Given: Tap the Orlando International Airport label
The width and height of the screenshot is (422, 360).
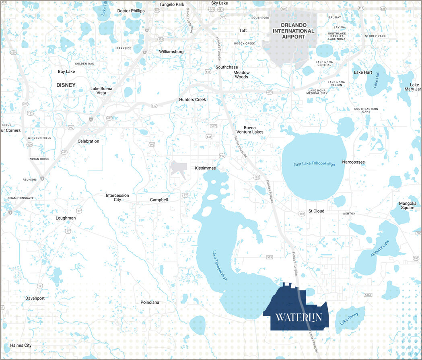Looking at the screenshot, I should tap(293, 31).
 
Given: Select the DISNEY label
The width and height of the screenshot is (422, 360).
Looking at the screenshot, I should tap(66, 85).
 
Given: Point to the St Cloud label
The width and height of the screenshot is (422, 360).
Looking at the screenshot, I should tap(316, 211).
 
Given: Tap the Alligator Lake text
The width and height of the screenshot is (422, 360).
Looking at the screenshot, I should tap(380, 248).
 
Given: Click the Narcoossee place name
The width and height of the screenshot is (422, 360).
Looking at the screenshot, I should tap(353, 162).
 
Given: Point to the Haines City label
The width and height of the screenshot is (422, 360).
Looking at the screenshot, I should tap(21, 346).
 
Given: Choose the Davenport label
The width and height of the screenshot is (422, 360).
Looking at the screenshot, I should tap(35, 298).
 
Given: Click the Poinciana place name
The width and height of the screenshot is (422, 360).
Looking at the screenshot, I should tap(150, 302).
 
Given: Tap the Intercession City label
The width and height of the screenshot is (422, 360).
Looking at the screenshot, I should tap(117, 197).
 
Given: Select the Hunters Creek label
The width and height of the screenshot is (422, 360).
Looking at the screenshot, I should tap(192, 100).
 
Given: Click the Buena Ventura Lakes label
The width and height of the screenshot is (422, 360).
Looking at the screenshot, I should tap(249, 130).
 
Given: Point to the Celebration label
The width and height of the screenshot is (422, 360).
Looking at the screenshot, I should tap(89, 141).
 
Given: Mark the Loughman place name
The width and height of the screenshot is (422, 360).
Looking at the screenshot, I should tap(66, 218).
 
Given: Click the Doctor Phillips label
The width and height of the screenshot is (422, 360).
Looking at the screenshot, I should tap(131, 11).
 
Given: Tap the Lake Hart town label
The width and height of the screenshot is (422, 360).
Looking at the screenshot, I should tap(363, 72).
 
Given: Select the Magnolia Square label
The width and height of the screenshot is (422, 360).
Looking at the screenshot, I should tap(408, 206).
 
